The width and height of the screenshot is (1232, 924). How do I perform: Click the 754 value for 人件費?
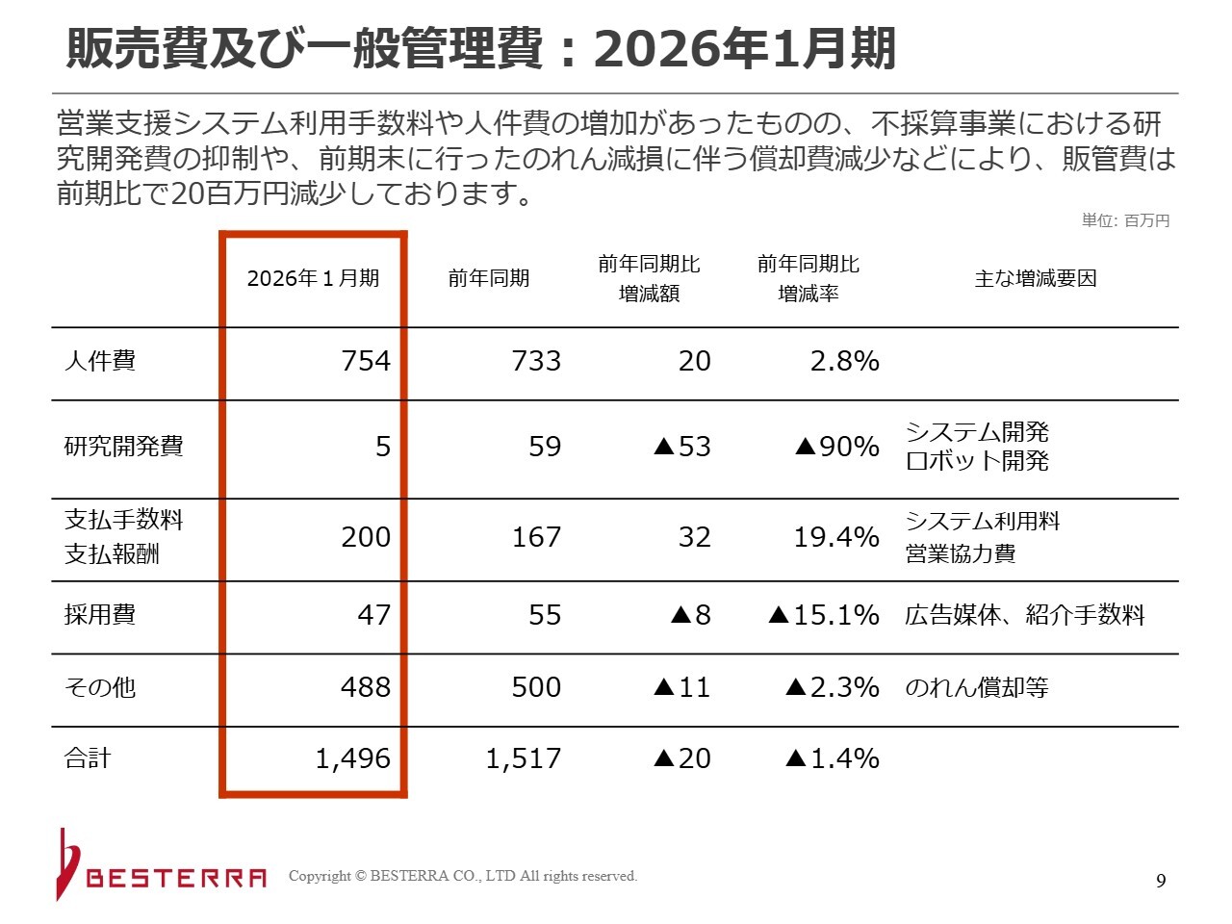pyautogui.click(x=366, y=361)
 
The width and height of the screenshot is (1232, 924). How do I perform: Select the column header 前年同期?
pyautogui.click(x=489, y=278)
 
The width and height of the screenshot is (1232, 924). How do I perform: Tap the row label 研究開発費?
pyautogui.click(x=123, y=447)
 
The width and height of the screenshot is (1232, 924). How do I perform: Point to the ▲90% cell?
pyautogui.click(x=836, y=447)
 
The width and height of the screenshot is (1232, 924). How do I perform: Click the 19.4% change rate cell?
pyautogui.click(x=835, y=537)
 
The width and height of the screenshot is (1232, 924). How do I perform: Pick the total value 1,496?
pyautogui.click(x=352, y=758)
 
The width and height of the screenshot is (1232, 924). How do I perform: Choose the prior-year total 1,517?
pyautogui.click(x=523, y=758)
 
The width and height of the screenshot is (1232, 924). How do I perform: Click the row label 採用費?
pyautogui.click(x=100, y=615)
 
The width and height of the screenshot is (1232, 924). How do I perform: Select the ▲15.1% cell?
pyautogui.click(x=824, y=615)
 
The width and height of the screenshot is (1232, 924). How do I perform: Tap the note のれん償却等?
pyautogui.click(x=976, y=687)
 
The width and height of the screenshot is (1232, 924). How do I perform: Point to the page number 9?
pyautogui.click(x=1161, y=881)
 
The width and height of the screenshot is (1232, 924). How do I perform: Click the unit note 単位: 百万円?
pyautogui.click(x=1125, y=220)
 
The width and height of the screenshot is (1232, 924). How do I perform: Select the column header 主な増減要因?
pyautogui.click(x=1036, y=278)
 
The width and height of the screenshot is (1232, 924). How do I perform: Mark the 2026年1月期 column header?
pyautogui.click(x=313, y=278)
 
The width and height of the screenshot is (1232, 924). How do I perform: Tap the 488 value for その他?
pyautogui.click(x=366, y=687)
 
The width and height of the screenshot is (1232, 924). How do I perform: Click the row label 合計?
pyautogui.click(x=88, y=758)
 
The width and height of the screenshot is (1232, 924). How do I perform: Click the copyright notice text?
pyautogui.click(x=463, y=876)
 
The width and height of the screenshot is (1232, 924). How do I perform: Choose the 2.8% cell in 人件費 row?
pyautogui.click(x=844, y=361)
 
